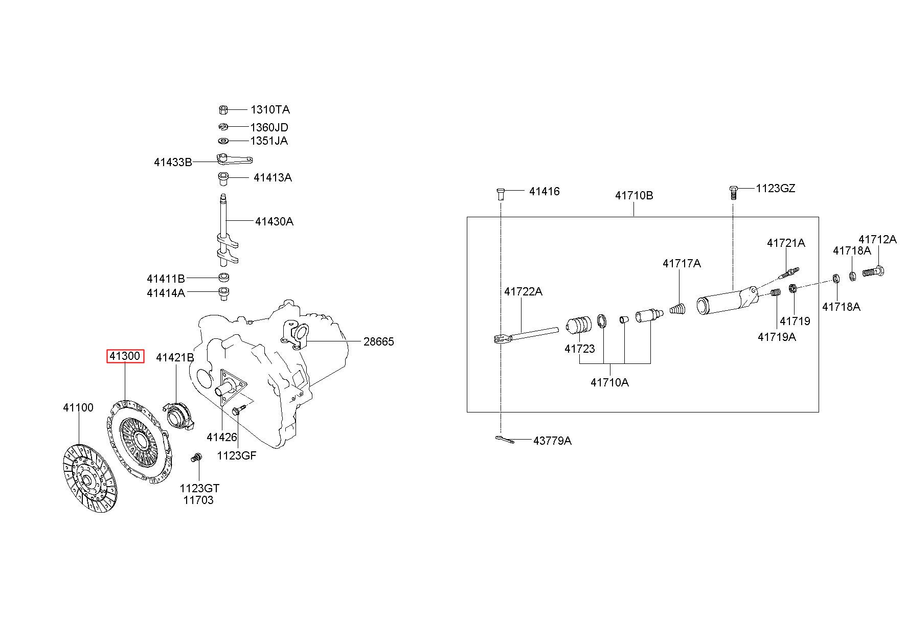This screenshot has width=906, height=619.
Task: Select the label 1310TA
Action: tap(270, 109)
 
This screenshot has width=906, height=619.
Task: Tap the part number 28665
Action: tap(379, 341)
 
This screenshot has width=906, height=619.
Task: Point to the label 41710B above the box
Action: tap(634, 196)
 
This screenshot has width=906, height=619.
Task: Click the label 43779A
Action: tap(552, 441)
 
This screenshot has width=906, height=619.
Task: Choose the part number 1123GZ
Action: tap(776, 189)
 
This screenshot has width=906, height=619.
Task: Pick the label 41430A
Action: tap(275, 221)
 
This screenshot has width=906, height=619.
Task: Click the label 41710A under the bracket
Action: tap(610, 382)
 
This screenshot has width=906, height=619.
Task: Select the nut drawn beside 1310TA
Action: tap(222, 109)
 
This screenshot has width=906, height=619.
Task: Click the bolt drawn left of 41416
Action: tap(501, 193)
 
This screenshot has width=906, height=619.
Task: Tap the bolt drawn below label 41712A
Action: tap(874, 272)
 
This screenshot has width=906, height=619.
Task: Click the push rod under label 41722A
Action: tap(527, 335)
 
